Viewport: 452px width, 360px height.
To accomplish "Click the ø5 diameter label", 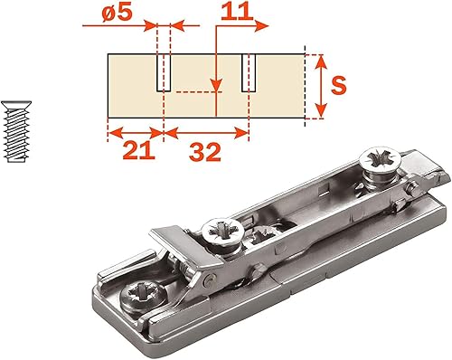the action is pyautogui.click(x=117, y=13).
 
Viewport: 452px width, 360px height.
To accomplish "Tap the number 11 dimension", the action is pyautogui.click(x=237, y=12).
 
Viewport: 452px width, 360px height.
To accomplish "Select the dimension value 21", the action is pyautogui.click(x=139, y=151).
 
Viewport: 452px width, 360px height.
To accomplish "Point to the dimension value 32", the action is pyautogui.click(x=205, y=152).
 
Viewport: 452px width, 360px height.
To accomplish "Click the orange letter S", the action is pyautogui.click(x=339, y=86).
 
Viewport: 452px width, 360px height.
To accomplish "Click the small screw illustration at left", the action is pyautogui.click(x=16, y=131).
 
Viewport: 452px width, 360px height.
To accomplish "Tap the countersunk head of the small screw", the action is pyautogui.click(x=16, y=105).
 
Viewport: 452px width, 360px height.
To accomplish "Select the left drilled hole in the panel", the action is pyautogui.click(x=164, y=73).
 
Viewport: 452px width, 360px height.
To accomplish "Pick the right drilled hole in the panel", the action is pyautogui.click(x=249, y=73).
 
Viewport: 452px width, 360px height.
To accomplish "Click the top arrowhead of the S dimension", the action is pyautogui.click(x=321, y=62).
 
